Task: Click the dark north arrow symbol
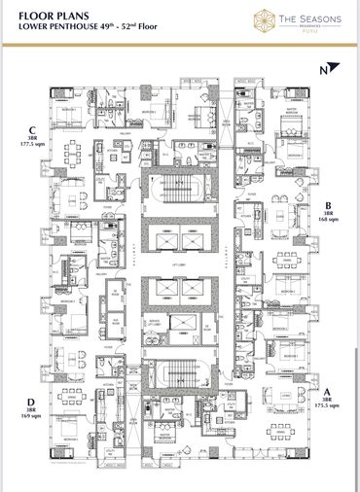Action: [335, 69]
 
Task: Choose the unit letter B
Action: [327, 204]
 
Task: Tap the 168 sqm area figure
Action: [328, 219]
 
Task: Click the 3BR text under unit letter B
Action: [328, 212]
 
